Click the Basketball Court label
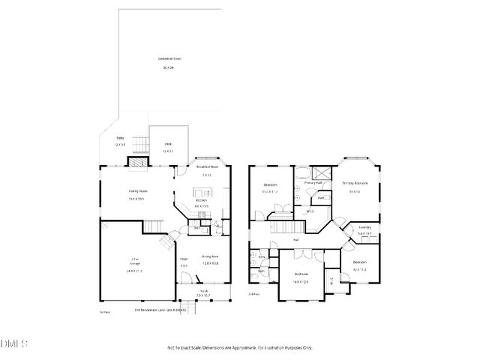[169, 58]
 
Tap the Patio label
[120, 139]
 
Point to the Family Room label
[137, 191]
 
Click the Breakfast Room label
[207, 166]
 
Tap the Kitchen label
[201, 201]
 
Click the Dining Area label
[210, 257]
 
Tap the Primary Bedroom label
[355, 183]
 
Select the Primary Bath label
[313, 183]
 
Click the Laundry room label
[365, 227]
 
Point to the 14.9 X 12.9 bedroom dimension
[301, 281]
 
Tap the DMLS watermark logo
[13, 343]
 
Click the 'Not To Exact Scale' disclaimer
[238, 347]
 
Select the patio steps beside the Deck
[139, 143]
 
